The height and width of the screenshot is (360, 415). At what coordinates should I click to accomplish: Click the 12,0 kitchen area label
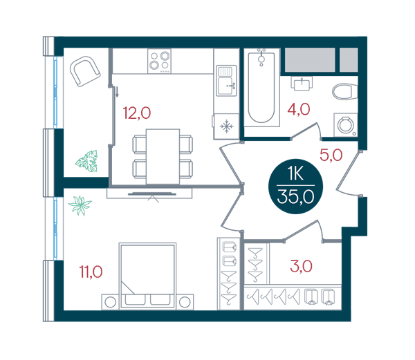[x=137, y=113]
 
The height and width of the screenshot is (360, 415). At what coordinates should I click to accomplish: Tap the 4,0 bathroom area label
[x=299, y=109]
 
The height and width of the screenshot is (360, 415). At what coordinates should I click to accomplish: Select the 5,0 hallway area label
[x=331, y=155]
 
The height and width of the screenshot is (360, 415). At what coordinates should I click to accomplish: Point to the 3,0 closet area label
[x=301, y=266]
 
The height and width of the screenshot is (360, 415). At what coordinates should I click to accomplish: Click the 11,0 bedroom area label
[x=91, y=272]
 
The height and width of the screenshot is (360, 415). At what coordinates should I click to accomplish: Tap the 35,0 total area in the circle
[x=295, y=197]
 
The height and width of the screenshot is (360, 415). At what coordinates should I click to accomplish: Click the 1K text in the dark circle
[x=295, y=173]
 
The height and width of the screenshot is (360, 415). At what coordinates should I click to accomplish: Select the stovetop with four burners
[x=159, y=61]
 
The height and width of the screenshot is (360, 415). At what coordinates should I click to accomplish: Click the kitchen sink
[x=226, y=81]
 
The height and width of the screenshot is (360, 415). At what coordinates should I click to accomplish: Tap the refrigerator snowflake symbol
[x=227, y=126]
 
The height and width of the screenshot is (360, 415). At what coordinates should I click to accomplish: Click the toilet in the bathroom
[x=345, y=92]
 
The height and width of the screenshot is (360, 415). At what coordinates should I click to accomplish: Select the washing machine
[x=346, y=125]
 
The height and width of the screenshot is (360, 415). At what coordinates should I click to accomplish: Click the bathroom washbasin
[x=302, y=83]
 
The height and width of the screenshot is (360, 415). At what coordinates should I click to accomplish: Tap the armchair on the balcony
[x=85, y=71]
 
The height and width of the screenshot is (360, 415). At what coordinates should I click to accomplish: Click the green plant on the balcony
[x=87, y=161]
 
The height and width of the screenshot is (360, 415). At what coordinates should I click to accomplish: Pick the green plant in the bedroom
[x=80, y=205]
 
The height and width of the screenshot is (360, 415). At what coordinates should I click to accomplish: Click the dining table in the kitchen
[x=163, y=156]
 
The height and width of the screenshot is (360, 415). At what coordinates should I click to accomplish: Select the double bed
[x=148, y=276]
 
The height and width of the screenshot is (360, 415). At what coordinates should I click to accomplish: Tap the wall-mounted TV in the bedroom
[x=152, y=194]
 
